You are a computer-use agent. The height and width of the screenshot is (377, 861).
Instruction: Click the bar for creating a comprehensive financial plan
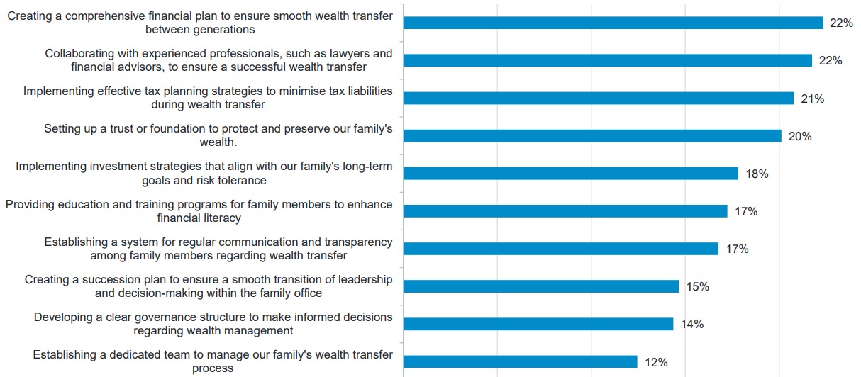coord(613,23)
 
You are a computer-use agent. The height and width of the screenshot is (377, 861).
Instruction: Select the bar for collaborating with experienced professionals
coord(607,60)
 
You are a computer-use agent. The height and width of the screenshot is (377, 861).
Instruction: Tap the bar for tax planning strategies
coord(598,98)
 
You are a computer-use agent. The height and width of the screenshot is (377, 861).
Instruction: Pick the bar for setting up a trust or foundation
coord(592,135)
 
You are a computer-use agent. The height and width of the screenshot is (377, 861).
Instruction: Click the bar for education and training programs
coord(565,210)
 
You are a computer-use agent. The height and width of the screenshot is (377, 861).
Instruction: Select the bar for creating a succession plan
coord(541,286)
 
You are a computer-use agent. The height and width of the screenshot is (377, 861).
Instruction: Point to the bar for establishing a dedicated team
coord(520,361)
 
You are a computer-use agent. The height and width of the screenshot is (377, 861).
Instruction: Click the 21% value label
coord(812,99)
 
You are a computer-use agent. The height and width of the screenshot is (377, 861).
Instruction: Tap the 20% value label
coord(800,136)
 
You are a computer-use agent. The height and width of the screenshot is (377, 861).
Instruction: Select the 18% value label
coord(757,174)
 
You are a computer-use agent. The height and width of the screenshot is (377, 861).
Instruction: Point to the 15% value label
coord(697,286)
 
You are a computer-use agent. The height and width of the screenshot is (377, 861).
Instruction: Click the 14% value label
coord(691,324)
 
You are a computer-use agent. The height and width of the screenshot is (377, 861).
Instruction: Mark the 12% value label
coord(656,362)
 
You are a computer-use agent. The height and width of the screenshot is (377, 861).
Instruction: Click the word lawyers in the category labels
coord(334,54)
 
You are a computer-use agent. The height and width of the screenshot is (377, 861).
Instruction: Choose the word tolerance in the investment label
coord(238,180)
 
